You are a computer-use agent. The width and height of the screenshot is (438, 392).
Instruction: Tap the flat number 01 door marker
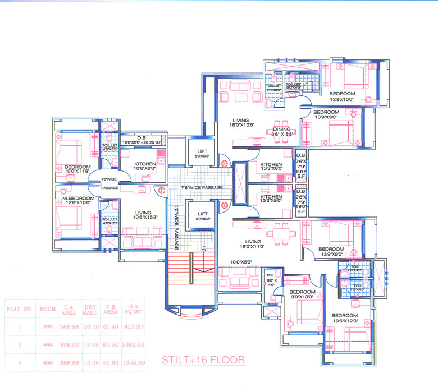161,191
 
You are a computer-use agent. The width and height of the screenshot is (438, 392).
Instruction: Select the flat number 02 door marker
224,163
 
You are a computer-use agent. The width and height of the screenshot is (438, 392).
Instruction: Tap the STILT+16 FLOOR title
203,359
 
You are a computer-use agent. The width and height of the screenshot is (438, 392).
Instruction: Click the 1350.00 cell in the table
134,363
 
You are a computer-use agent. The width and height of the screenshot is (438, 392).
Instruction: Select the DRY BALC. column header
90,310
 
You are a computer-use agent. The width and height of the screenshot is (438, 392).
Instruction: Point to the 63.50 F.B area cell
112,345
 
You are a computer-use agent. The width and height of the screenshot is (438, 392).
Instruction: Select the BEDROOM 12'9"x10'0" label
342,96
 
